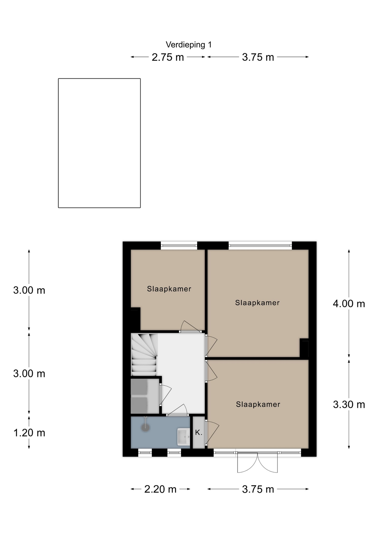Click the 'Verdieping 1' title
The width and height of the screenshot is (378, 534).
(188, 44)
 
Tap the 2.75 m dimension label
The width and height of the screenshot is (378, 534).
(168, 57)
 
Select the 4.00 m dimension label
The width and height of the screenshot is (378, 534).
(349, 303)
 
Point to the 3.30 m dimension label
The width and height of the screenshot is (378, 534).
(349, 404)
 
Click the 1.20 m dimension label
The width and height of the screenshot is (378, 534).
(29, 433)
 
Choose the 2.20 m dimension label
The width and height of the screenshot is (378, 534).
(160, 489)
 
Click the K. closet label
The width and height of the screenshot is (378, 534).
(198, 432)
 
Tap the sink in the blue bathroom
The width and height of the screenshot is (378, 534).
(183, 437)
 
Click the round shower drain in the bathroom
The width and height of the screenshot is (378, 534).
(145, 427)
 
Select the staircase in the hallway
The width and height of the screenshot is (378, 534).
(144, 355)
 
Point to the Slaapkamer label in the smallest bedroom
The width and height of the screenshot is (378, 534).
(169, 289)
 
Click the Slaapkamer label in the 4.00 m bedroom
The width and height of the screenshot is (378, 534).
(257, 303)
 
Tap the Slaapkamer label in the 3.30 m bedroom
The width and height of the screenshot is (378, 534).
(258, 404)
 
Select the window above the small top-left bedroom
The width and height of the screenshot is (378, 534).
(179, 245)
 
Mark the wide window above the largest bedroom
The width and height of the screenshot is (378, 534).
(260, 245)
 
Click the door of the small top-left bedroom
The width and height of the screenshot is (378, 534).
(190, 327)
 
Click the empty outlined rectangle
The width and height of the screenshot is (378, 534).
(99, 143)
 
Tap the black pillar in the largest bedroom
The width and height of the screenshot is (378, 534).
(304, 348)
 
